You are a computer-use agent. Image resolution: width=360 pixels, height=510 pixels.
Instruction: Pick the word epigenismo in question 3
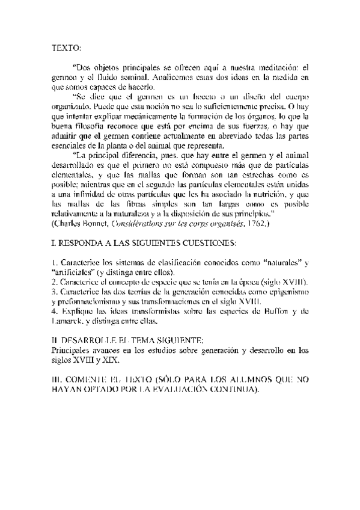tap(288, 290)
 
